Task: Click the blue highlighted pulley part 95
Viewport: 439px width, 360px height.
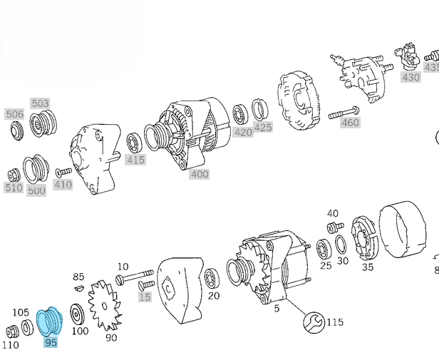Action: coord(51,321)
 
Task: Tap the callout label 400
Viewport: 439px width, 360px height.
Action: coord(200,174)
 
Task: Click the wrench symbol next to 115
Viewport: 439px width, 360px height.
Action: coord(311,322)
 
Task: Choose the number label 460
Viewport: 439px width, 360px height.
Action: coord(350,123)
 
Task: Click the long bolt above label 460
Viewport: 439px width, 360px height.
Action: coord(344,111)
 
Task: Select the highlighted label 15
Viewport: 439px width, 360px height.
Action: coord(145,297)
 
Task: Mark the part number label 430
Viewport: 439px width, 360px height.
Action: coord(410,77)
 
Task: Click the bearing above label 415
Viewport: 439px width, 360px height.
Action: coord(134,143)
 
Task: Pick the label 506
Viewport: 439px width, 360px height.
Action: coord(14,114)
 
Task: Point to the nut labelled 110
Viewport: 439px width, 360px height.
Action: coord(11,331)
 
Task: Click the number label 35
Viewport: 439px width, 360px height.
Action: coord(368,267)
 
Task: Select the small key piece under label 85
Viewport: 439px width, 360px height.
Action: coord(78,289)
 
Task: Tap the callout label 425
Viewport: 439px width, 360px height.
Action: coord(263,128)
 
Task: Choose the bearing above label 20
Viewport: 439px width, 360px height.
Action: coord(211,278)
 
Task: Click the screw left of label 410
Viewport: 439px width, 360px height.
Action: coord(63,172)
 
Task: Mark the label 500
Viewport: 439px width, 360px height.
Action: coord(36,190)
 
